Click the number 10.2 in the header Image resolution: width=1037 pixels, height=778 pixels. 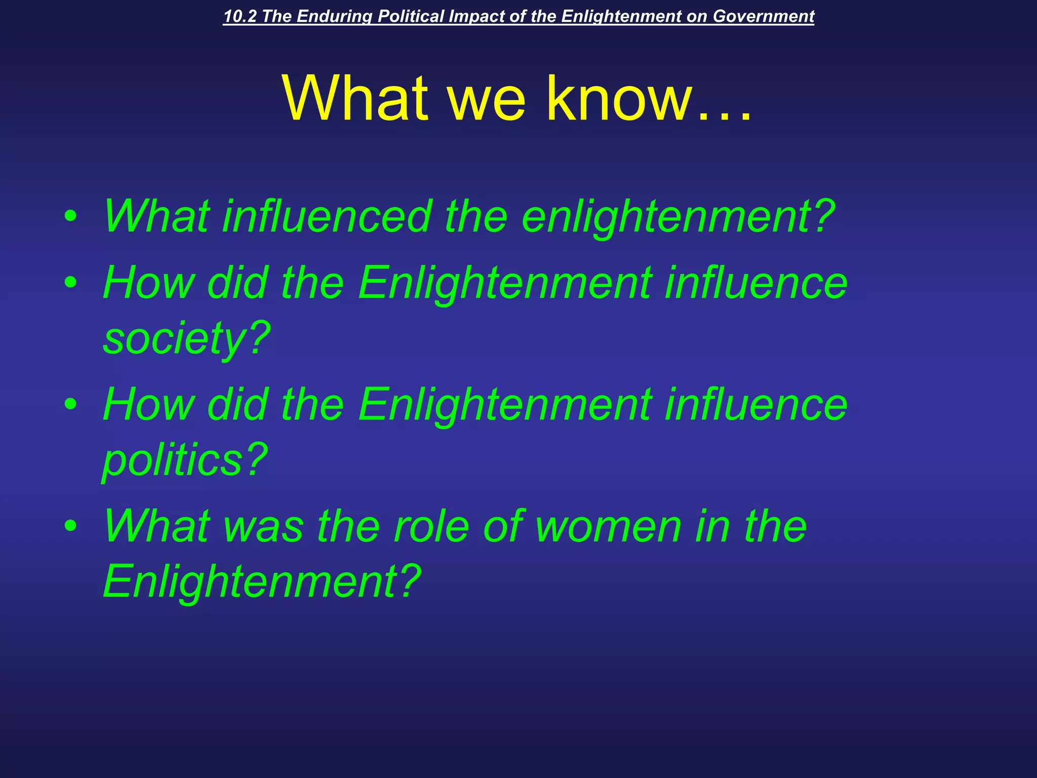click(240, 16)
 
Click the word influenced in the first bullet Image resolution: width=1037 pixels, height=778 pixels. click(327, 216)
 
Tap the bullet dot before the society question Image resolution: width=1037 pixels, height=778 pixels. click(71, 283)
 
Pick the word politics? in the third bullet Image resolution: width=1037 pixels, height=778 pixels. click(185, 460)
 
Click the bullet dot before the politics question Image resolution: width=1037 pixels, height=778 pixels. click(71, 404)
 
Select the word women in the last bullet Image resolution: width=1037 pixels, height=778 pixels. click(608, 527)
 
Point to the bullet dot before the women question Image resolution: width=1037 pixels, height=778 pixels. click(71, 526)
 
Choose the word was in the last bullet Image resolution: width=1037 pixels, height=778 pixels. click(263, 527)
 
